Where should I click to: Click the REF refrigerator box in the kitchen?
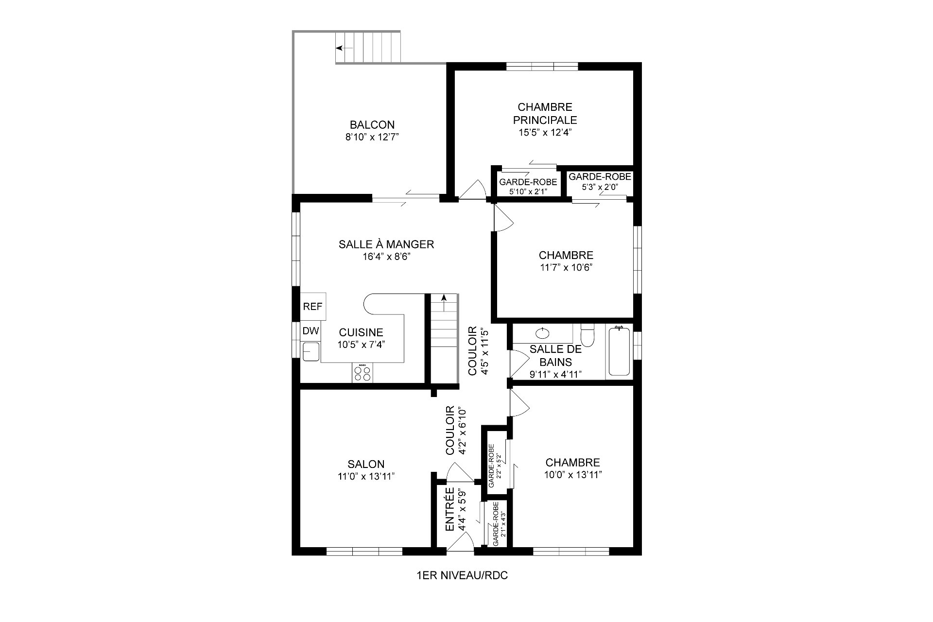click(x=312, y=307)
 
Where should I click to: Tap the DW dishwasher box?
click(x=311, y=331)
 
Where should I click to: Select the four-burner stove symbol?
click(x=362, y=373)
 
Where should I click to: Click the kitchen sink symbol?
click(x=311, y=351)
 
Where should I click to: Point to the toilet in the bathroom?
click(x=588, y=335)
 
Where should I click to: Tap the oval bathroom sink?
click(x=542, y=333)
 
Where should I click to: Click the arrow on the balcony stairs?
click(x=344, y=48)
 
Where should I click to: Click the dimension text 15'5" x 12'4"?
click(x=545, y=132)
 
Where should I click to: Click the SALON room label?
click(x=366, y=464)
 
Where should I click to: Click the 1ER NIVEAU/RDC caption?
click(x=462, y=576)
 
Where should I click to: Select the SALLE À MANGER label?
click(x=386, y=244)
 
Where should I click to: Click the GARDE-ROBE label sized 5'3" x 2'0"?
click(x=600, y=177)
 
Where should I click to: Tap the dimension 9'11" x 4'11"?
click(x=555, y=374)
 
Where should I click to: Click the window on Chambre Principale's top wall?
click(x=542, y=67)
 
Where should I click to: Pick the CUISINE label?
click(x=361, y=332)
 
